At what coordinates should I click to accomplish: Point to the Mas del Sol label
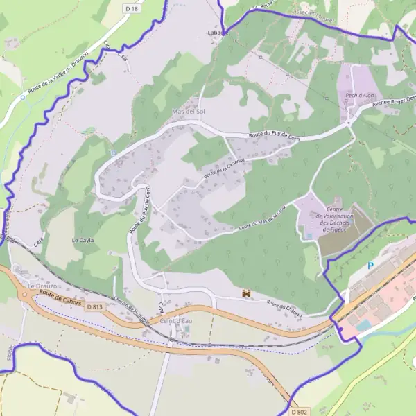pyautogui.click(x=189, y=111)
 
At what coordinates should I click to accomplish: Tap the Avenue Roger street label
pyautogui.click(x=393, y=103)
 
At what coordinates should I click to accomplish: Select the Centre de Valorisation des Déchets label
pyautogui.click(x=330, y=218)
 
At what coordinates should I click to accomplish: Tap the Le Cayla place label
pyautogui.click(x=83, y=240)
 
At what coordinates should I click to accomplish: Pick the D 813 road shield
pyautogui.click(x=95, y=306)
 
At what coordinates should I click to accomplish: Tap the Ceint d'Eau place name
pyautogui.click(x=175, y=320)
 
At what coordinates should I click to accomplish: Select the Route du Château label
pyautogui.click(x=285, y=309)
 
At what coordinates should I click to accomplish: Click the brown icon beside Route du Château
pyautogui.click(x=245, y=294)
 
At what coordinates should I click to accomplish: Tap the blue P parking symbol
pyautogui.click(x=370, y=266)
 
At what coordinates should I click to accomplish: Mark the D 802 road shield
pyautogui.click(x=299, y=411)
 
